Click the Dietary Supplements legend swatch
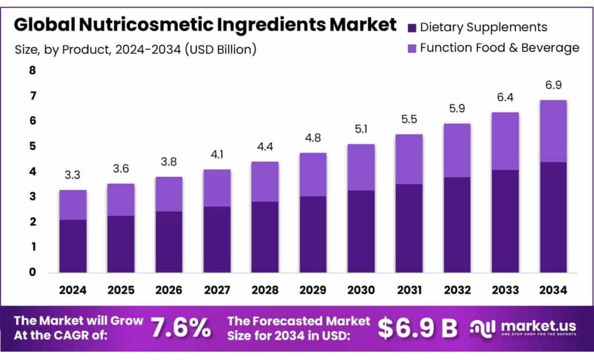412,27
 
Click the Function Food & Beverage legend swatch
412,48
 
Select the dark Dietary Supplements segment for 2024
73,246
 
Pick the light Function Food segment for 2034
553,131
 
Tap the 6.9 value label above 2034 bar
553,85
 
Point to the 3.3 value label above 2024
73,174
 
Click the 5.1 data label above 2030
361,129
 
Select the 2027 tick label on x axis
217,289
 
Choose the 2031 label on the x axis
409,289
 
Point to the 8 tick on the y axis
32,71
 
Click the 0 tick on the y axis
32,272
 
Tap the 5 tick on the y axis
32,146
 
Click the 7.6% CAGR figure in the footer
180,328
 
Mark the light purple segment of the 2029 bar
313,174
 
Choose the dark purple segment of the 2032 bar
457,224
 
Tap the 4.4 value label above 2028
265,146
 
